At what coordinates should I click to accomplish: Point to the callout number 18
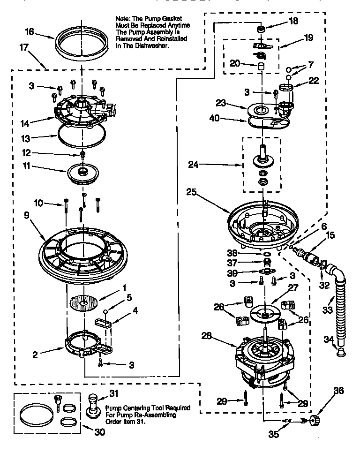tap(293, 20)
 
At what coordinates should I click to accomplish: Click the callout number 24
tap(193, 164)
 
